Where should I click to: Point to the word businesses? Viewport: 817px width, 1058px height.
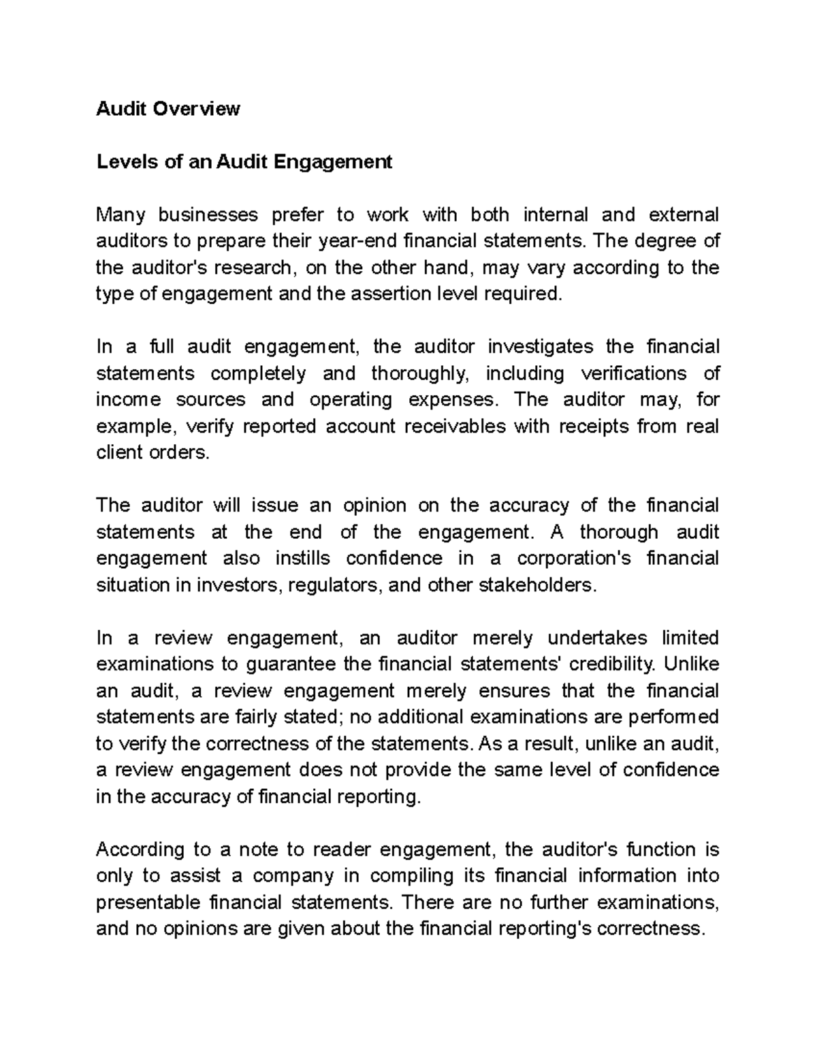pos(208,215)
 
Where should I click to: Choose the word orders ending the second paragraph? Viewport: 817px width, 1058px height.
pos(179,452)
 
